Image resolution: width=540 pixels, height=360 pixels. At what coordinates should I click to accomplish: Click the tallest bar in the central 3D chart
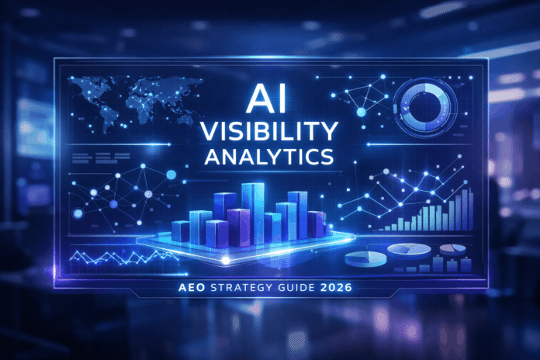point(252,206)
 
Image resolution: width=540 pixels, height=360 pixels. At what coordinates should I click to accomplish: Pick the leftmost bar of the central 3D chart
point(180,229)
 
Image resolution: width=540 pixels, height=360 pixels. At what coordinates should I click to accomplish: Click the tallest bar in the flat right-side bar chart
point(469,208)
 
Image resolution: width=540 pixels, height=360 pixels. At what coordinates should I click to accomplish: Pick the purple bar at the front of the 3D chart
point(218,232)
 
